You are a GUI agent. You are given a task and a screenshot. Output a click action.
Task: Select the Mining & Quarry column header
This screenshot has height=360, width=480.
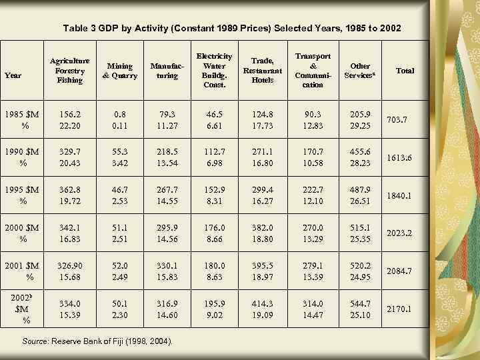pyautogui.click(x=119, y=71)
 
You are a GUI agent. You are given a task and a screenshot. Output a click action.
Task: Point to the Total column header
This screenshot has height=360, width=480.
pyautogui.click(x=405, y=70)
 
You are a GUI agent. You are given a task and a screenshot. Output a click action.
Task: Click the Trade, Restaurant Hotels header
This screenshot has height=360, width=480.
pyautogui.click(x=263, y=70)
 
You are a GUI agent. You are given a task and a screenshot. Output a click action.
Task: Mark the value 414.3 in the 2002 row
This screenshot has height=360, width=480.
pyautogui.click(x=263, y=303)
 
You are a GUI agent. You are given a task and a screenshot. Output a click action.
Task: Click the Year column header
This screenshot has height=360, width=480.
pyautogui.click(x=13, y=75)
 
